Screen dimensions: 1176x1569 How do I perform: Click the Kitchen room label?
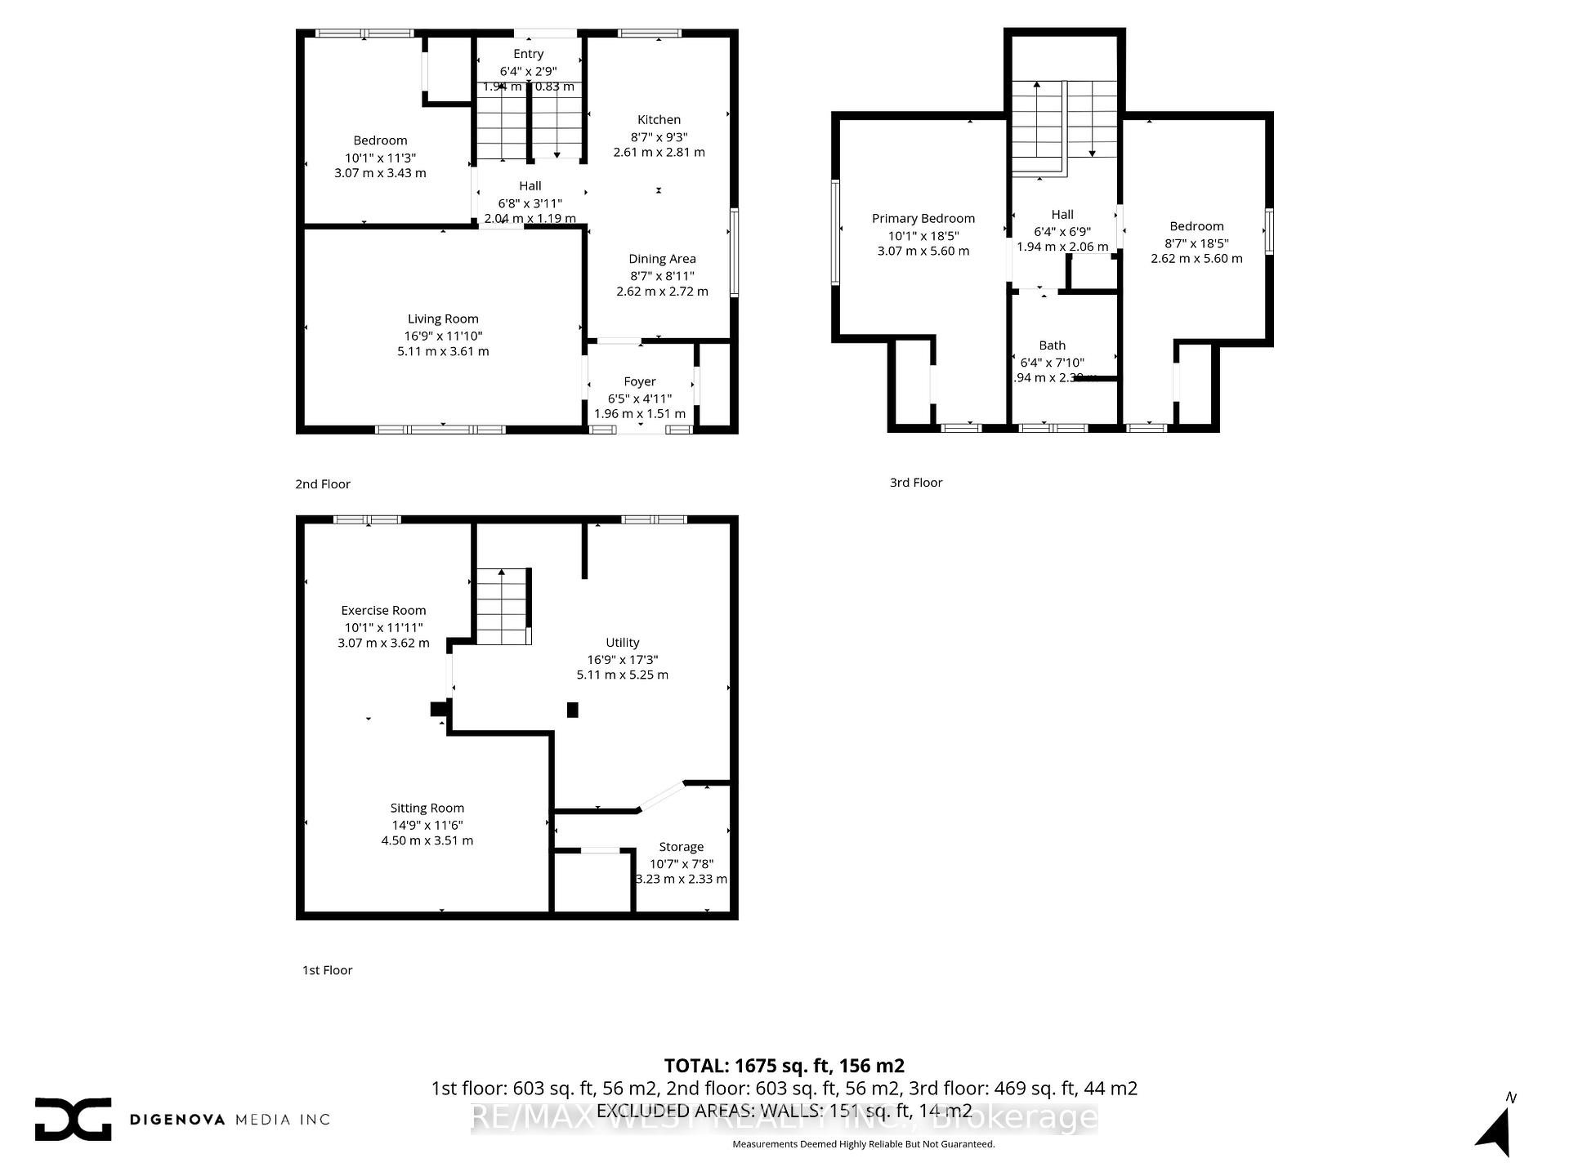(x=659, y=120)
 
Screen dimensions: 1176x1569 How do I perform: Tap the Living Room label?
(x=443, y=319)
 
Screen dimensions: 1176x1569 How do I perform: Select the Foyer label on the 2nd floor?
(x=639, y=381)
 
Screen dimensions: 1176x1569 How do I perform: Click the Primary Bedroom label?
(x=923, y=218)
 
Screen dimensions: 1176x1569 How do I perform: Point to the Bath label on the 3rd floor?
(x=1052, y=345)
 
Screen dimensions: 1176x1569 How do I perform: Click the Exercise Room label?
(x=383, y=610)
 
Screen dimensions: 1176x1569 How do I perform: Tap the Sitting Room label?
(x=427, y=808)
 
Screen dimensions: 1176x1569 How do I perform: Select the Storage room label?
(x=681, y=847)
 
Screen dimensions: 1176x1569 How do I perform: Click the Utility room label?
(x=622, y=643)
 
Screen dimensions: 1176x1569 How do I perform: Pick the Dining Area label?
(x=662, y=259)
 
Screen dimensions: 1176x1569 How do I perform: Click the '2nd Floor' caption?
(x=323, y=484)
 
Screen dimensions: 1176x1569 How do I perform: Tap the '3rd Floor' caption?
(x=916, y=483)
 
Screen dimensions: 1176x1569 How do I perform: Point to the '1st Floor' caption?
(x=327, y=970)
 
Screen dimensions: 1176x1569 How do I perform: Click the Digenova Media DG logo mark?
(x=73, y=1119)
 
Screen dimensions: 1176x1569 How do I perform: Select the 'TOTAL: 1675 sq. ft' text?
(x=784, y=1066)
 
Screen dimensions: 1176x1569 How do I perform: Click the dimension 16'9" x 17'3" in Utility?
(x=622, y=659)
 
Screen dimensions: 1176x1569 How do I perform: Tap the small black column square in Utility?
(x=573, y=710)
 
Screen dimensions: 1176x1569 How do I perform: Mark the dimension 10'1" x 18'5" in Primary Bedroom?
(x=923, y=235)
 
